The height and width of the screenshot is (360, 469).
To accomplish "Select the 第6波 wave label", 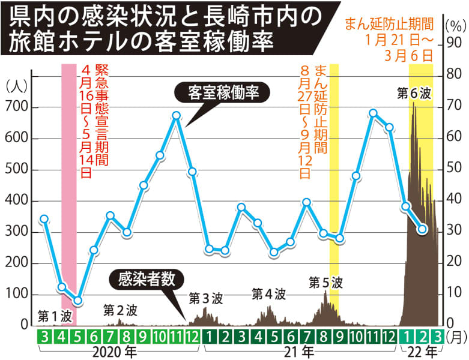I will pos(414,93).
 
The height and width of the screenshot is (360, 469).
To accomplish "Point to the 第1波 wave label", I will pos(55,314).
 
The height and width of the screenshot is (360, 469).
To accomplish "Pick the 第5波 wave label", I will pos(325,281).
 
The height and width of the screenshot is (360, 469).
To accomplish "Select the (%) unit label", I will pos(454,25).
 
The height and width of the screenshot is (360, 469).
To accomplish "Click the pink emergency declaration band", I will pos(69,180).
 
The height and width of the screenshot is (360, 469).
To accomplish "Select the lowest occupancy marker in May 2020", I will pos(77,300).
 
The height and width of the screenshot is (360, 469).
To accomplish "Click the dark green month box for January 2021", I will pos(209,336).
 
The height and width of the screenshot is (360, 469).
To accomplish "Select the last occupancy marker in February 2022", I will pos(423,229).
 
